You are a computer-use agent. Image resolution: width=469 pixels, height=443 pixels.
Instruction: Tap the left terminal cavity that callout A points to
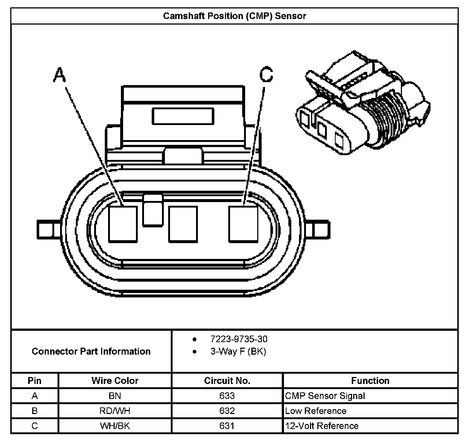(123, 224)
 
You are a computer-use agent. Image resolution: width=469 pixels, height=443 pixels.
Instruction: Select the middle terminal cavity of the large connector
(183, 224)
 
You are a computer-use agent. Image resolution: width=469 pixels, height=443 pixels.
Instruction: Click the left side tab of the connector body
(49, 230)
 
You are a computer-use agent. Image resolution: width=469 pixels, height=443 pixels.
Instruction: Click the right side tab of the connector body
(318, 230)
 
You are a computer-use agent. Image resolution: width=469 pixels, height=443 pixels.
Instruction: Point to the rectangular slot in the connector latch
(183, 116)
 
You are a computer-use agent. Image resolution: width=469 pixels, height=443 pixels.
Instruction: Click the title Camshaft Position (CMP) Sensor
(234, 16)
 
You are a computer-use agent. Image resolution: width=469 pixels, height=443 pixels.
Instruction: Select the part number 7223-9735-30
(239, 339)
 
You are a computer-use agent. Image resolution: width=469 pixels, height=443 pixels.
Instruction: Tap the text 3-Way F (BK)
(238, 351)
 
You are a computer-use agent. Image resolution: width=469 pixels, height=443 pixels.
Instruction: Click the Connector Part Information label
(91, 351)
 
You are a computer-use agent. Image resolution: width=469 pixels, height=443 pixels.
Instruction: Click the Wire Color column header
(115, 381)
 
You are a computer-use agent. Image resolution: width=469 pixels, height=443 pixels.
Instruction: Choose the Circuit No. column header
(227, 381)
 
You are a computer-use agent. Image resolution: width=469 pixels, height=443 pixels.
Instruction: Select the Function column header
(370, 381)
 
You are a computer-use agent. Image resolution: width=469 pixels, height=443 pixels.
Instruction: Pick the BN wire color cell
(115, 396)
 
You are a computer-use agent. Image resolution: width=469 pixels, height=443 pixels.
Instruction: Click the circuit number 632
(227, 411)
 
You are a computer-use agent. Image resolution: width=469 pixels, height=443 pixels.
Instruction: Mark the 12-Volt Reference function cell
(322, 426)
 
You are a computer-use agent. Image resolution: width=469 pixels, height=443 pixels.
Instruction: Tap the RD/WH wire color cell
(115, 411)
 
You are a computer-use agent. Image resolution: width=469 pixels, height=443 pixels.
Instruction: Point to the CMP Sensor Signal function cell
(325, 396)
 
